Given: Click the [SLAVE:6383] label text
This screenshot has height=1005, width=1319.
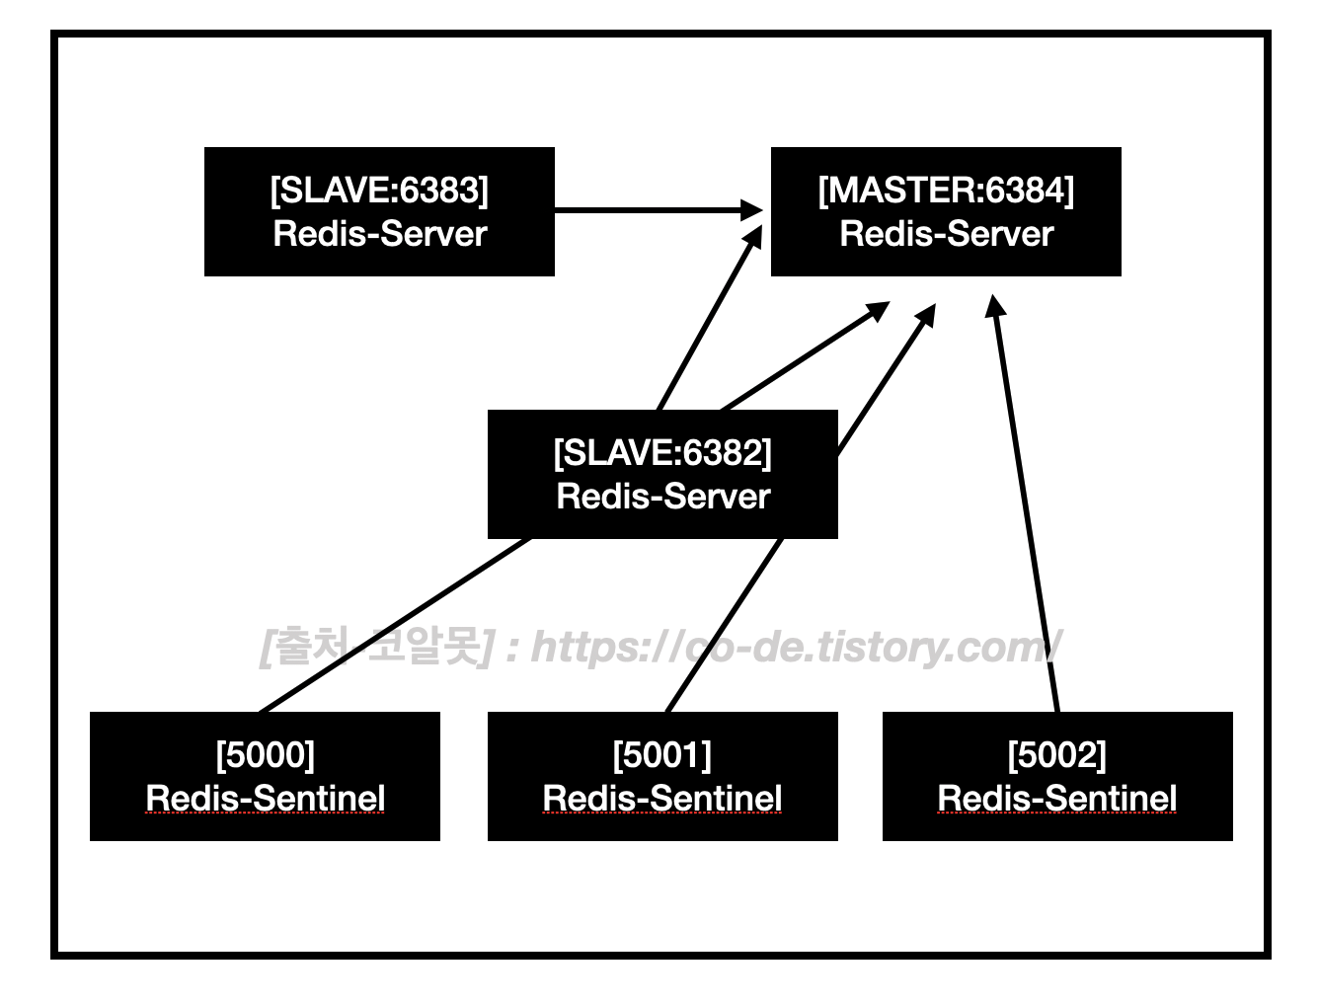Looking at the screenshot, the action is (x=379, y=191).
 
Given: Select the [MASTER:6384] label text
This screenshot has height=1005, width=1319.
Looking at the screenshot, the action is (x=946, y=191).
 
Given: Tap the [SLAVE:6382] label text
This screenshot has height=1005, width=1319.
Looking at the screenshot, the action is (x=662, y=453).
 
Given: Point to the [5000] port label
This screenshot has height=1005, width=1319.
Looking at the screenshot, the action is (x=265, y=755).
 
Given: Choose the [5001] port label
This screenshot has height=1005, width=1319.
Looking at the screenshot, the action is (x=661, y=755).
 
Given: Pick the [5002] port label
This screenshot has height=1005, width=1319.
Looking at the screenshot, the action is (x=1056, y=755).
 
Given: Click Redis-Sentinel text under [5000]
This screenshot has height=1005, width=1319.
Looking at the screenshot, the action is (x=265, y=799).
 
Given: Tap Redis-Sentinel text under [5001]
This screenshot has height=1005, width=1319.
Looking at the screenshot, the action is (x=661, y=799).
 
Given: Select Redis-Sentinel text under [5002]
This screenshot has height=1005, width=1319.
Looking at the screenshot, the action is (x=1056, y=799).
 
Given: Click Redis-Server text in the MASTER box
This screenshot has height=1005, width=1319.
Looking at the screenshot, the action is (x=946, y=234).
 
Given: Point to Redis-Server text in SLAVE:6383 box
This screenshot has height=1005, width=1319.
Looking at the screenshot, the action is (x=379, y=234).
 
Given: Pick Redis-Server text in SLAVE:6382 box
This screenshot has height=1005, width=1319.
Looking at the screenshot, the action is (x=662, y=497).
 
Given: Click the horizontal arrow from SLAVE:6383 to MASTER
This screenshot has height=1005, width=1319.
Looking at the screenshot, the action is (x=642, y=209).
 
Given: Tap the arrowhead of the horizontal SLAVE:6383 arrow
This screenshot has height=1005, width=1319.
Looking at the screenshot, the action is (x=754, y=209).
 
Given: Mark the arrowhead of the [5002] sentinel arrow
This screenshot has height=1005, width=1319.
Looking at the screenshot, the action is (x=996, y=305).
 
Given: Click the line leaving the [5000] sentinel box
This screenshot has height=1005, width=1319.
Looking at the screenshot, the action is (x=395, y=625).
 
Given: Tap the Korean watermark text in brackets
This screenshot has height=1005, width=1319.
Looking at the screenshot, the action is (x=375, y=648).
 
